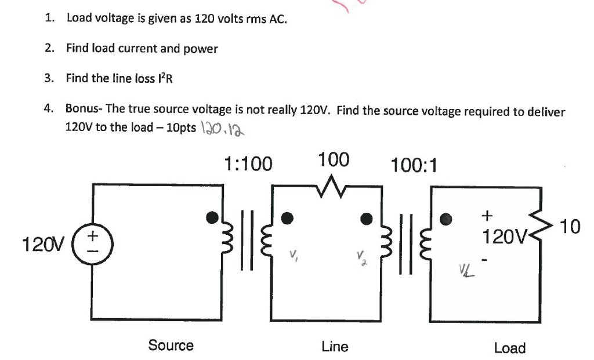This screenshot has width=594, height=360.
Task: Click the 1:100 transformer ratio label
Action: pyautogui.click(x=248, y=165)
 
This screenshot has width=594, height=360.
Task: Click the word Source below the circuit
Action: pyautogui.click(x=171, y=346)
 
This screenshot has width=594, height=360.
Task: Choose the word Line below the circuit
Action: pyautogui.click(x=335, y=347)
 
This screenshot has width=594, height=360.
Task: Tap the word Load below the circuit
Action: pyautogui.click(x=510, y=348)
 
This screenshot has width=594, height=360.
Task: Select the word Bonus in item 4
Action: pyautogui.click(x=82, y=109)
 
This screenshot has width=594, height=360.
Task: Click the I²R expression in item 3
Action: pyautogui.click(x=164, y=78)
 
